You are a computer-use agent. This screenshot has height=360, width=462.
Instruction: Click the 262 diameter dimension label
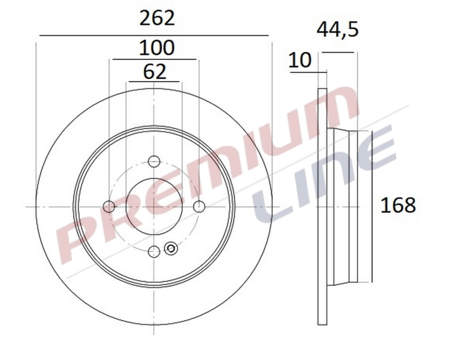pyautogui.click(x=157, y=18)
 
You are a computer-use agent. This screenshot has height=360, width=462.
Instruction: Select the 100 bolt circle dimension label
pyautogui.click(x=157, y=48)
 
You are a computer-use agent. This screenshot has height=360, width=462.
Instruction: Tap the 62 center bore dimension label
pyautogui.click(x=155, y=72)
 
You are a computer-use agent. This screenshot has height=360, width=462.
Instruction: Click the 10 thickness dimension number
pyautogui.click(x=300, y=61)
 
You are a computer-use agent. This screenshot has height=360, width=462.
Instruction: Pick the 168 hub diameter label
pyautogui.click(x=398, y=205)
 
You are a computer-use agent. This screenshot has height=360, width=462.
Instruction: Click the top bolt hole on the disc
pyautogui.click(x=154, y=161)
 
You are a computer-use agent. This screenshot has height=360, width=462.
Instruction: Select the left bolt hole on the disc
pyautogui.click(x=109, y=207)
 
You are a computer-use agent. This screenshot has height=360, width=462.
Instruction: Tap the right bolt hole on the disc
pyautogui.click(x=199, y=206)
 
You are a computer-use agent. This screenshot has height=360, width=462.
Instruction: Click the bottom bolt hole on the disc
pyautogui.click(x=154, y=251)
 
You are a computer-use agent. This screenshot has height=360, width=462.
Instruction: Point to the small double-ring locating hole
pyautogui.click(x=171, y=249)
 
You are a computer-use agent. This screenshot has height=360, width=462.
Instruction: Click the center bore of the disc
pyautogui.click(x=154, y=206)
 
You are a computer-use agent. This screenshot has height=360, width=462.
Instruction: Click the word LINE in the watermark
pyautogui.click(x=329, y=174)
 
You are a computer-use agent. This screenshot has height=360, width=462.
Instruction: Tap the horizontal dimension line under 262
pyautogui.click(x=154, y=35)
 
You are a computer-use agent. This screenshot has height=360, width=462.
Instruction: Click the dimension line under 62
pyautogui.click(x=154, y=82)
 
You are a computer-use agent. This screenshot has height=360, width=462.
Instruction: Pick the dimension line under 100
pyautogui.click(x=154, y=59)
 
